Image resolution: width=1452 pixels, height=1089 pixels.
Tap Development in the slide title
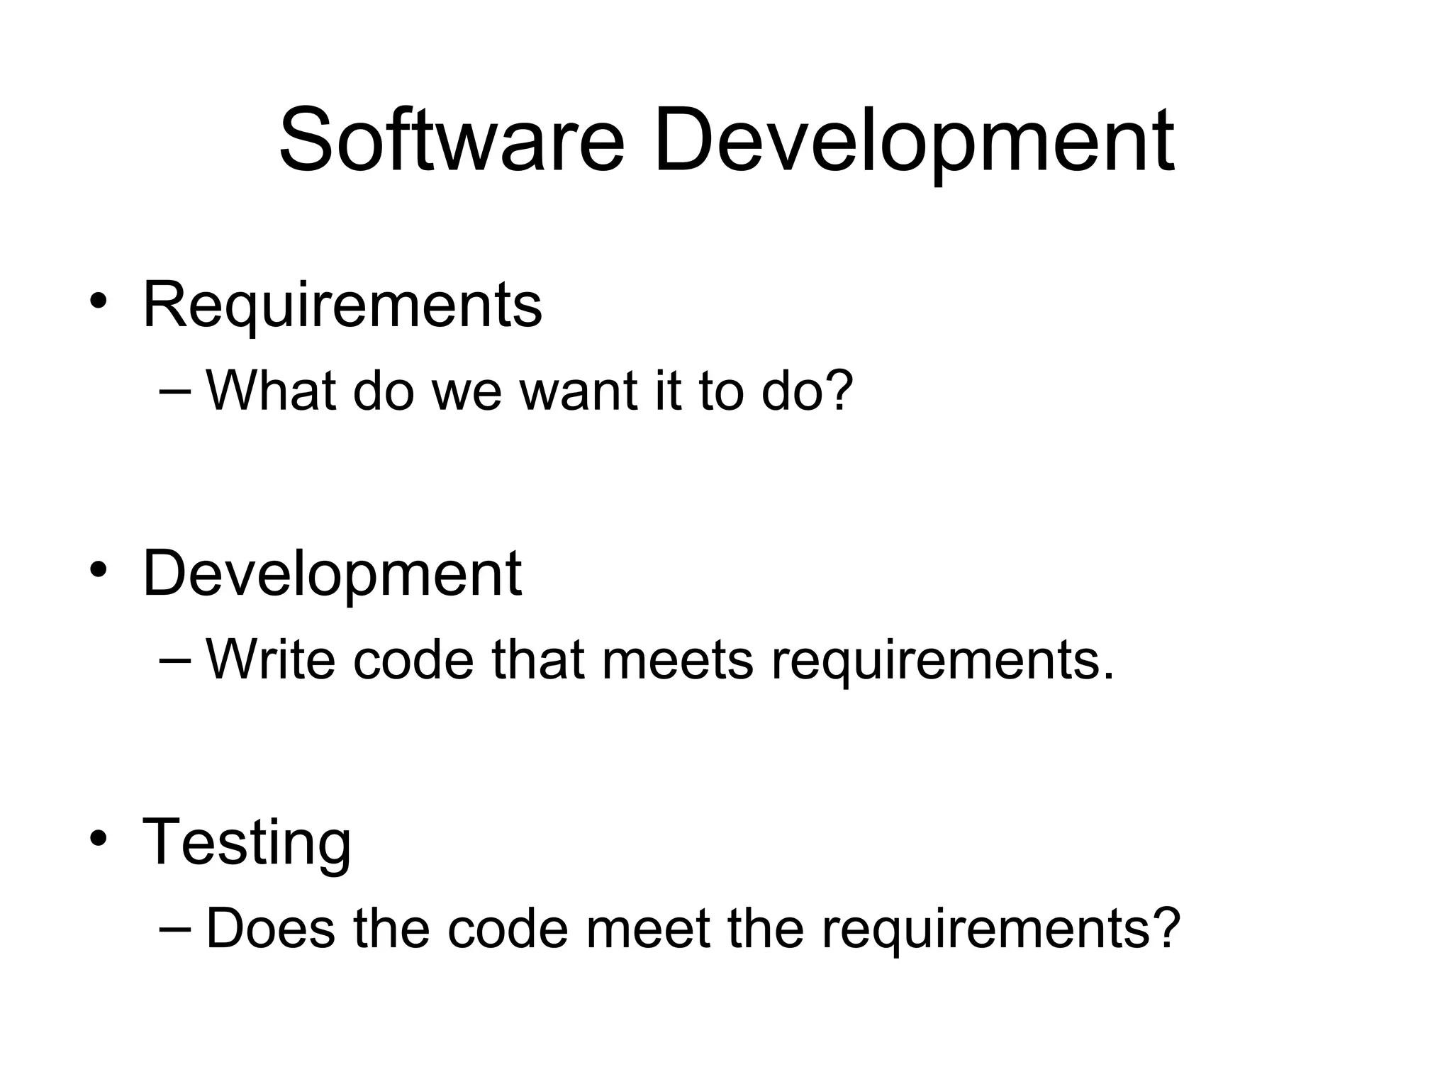tap(913, 142)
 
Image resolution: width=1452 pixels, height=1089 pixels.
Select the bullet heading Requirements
tap(342, 306)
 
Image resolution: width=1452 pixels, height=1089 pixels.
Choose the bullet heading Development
tap(332, 574)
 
